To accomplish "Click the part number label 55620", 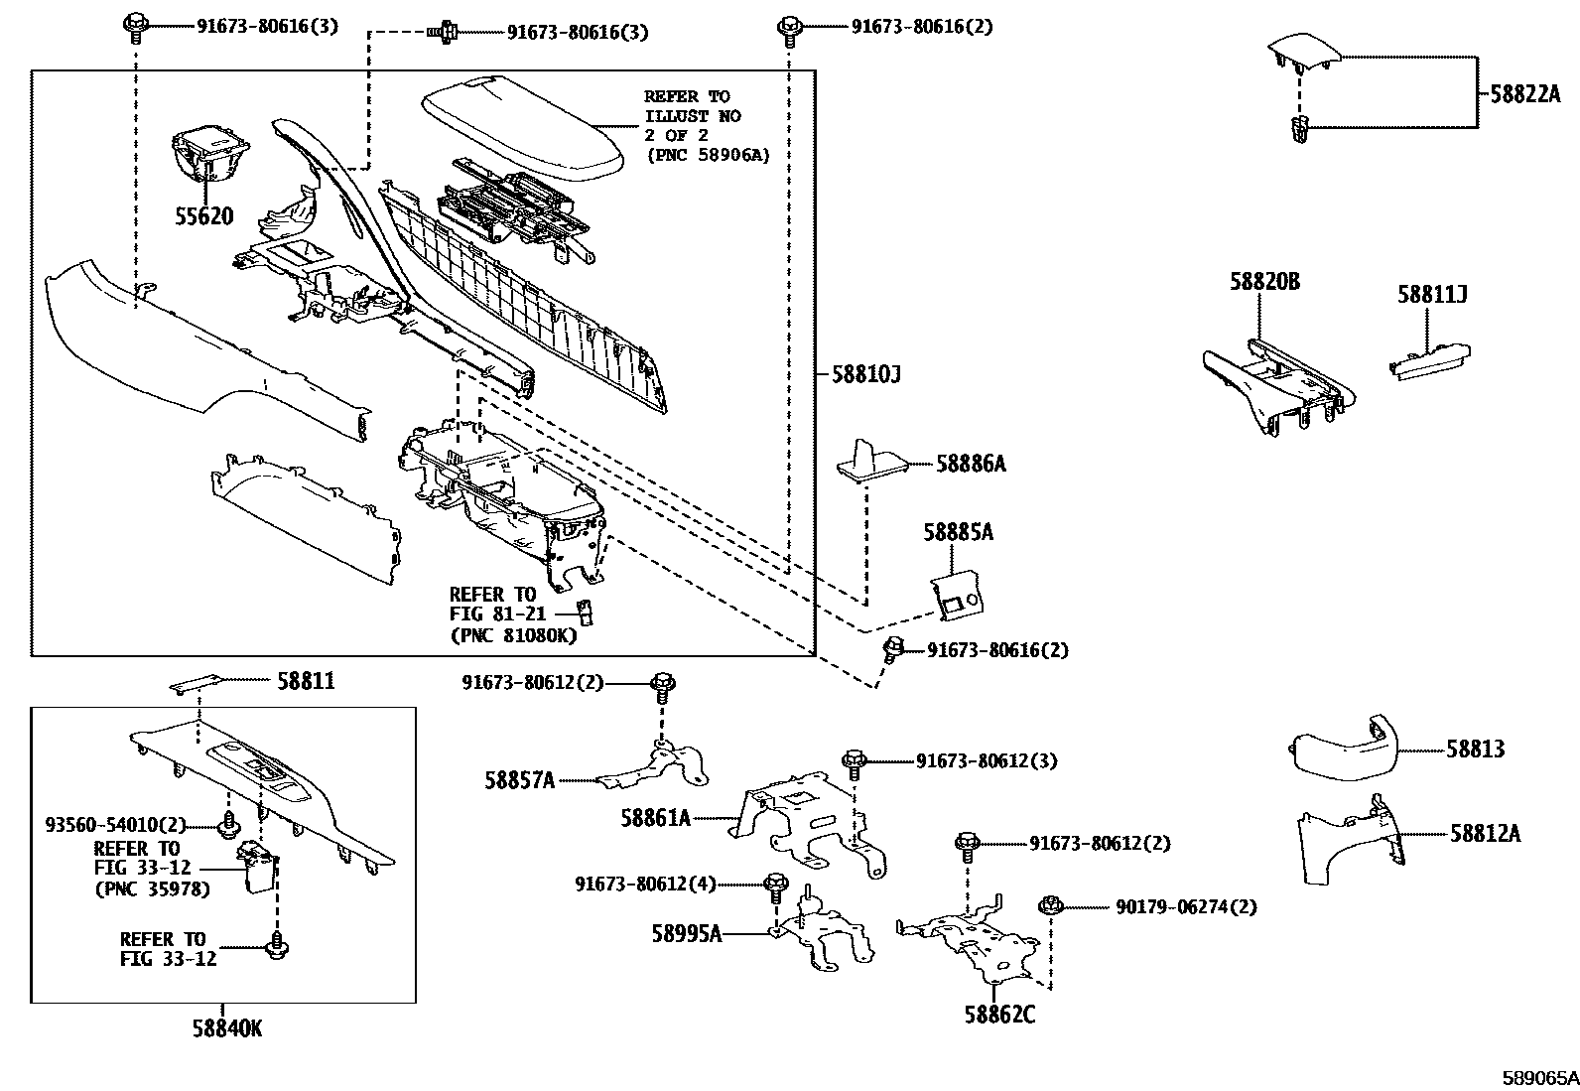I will (204, 216).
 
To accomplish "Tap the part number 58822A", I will (1524, 94).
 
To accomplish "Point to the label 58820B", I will (1263, 282).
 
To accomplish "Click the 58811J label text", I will (1432, 295).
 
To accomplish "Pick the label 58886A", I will (971, 464).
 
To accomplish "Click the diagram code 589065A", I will (1538, 1076).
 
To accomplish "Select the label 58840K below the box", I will (227, 1028).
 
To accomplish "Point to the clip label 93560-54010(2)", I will (115, 825).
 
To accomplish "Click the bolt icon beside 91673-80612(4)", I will (776, 883).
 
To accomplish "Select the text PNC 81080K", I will (512, 635).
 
